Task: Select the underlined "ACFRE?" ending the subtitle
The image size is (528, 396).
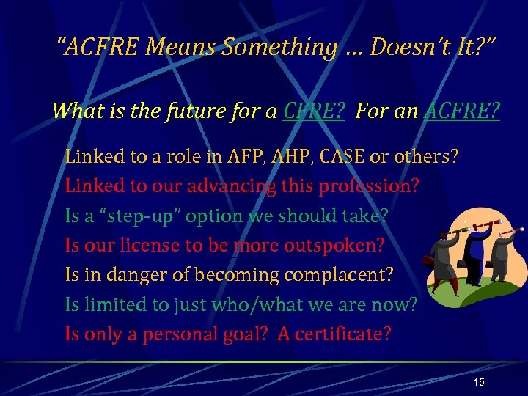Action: pyautogui.click(x=461, y=111)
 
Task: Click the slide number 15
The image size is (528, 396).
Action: pyautogui.click(x=479, y=382)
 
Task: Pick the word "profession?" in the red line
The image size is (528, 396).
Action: pyautogui.click(x=369, y=186)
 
